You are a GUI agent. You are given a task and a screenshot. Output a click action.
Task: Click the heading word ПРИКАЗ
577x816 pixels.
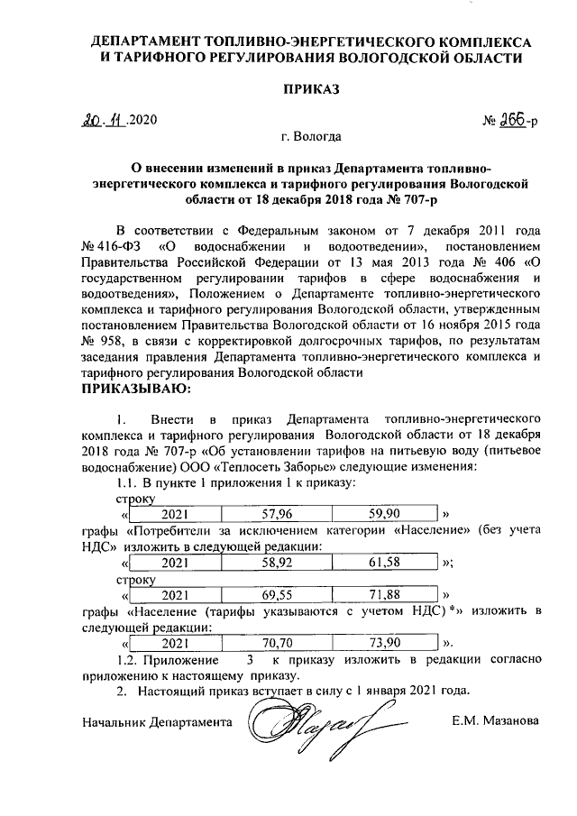point(313,90)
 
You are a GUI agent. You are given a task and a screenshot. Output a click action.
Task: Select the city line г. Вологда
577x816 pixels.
point(311,138)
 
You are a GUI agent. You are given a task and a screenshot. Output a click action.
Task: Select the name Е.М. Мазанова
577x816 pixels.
point(498,721)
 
